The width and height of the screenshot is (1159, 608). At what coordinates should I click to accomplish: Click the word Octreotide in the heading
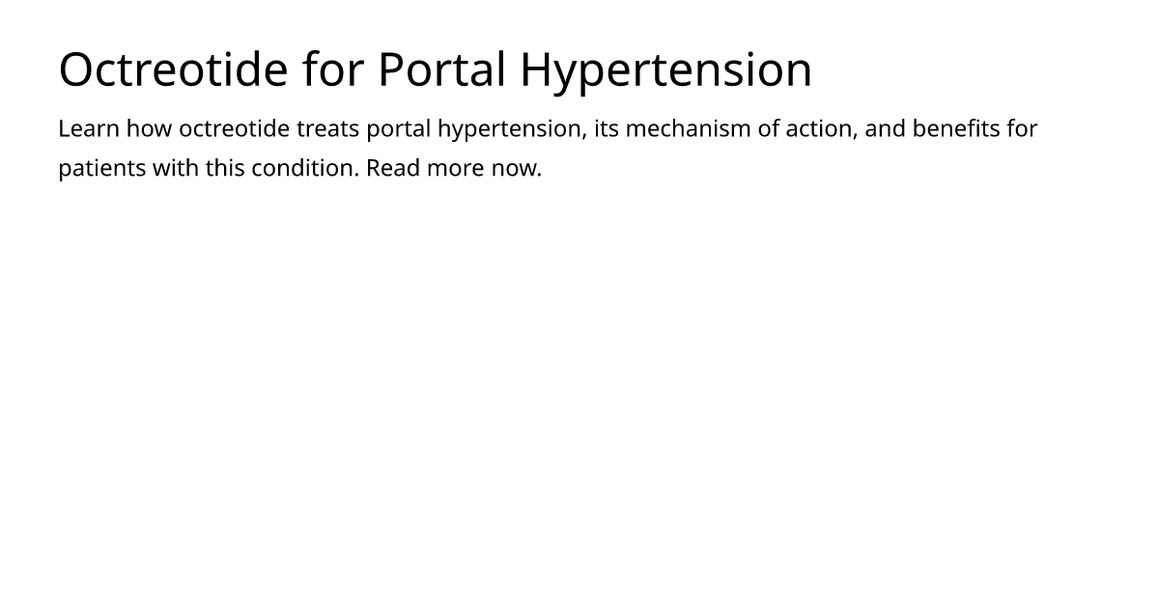[173, 69]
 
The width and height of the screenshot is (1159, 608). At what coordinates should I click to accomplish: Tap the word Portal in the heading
[442, 69]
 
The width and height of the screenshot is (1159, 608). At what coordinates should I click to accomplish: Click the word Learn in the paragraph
[89, 128]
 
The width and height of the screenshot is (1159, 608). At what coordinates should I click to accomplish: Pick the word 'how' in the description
[149, 128]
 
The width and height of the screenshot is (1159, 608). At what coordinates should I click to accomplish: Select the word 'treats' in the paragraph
[328, 128]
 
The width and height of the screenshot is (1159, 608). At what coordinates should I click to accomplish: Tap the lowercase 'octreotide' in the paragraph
[235, 128]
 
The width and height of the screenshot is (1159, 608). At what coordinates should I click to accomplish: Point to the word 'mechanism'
[688, 128]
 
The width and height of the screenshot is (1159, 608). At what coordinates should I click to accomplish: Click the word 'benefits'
[956, 128]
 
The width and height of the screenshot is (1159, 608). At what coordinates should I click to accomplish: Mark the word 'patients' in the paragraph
[102, 169]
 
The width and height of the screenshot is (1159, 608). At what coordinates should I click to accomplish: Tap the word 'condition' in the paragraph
[305, 168]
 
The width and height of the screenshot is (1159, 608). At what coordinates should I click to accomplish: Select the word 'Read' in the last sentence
[393, 168]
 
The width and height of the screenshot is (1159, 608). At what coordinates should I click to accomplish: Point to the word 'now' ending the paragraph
[514, 170]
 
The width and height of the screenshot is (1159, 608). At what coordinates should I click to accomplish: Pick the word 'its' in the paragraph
[607, 128]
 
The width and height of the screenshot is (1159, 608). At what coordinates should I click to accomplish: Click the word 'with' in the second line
[176, 168]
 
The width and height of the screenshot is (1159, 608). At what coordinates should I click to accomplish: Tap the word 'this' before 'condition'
[225, 168]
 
